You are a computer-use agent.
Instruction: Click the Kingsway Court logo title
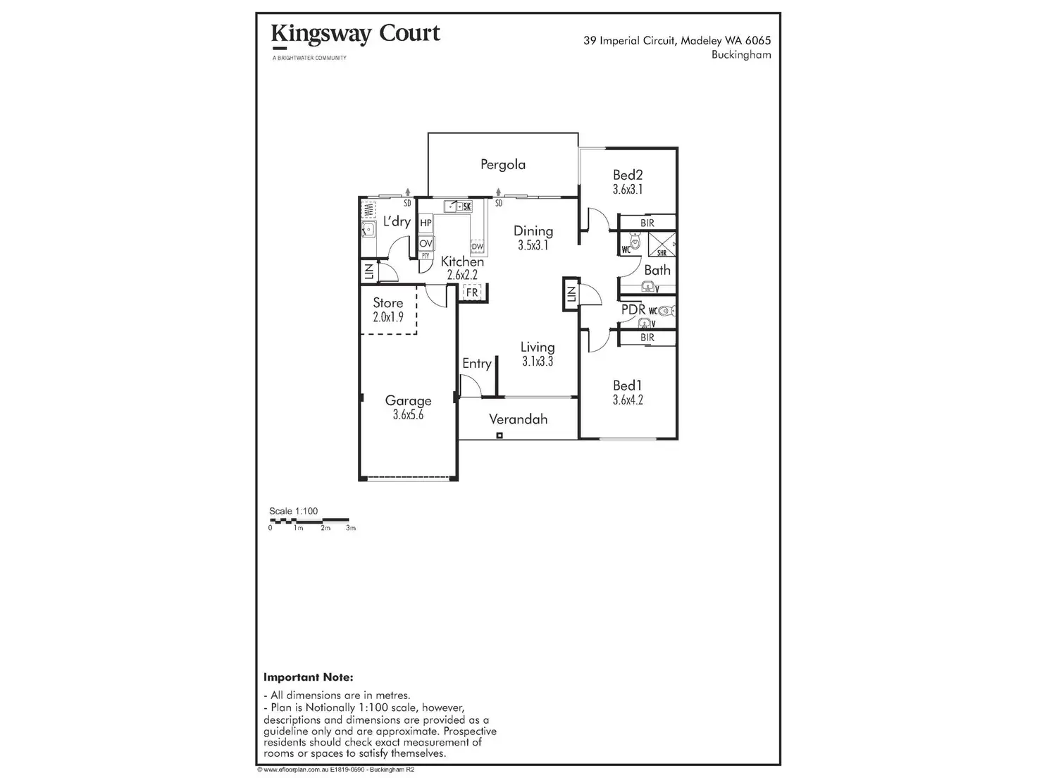coord(355,34)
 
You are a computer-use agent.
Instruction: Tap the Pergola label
coord(503,165)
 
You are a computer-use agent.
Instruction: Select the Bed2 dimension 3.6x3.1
coord(628,190)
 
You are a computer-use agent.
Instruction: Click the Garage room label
coord(408,401)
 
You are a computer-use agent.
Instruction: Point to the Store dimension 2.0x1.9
coord(388,317)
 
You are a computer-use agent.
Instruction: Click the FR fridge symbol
coord(471,292)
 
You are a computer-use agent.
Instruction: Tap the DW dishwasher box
coord(477,246)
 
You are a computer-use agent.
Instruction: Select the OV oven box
coord(426,243)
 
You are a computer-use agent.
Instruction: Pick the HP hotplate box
coord(426,223)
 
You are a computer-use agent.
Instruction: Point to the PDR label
coord(633,310)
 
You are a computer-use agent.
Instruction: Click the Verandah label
coord(518,419)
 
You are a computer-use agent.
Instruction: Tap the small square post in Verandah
coord(499,436)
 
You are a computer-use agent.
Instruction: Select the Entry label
coord(477,364)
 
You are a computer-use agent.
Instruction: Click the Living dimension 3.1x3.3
coord(537,362)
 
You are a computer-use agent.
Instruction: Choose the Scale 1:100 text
coord(293,511)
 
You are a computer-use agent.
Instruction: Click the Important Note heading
coord(308,677)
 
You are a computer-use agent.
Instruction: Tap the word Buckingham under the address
coord(741,55)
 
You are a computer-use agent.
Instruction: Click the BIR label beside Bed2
coord(647,223)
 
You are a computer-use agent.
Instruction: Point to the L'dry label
coord(397,221)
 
